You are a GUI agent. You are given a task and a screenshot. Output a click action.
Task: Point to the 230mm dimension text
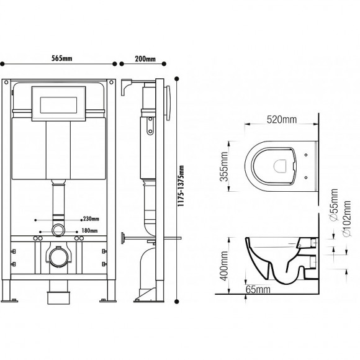tap(90, 218)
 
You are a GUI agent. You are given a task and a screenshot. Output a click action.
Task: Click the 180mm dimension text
tap(91, 230)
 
